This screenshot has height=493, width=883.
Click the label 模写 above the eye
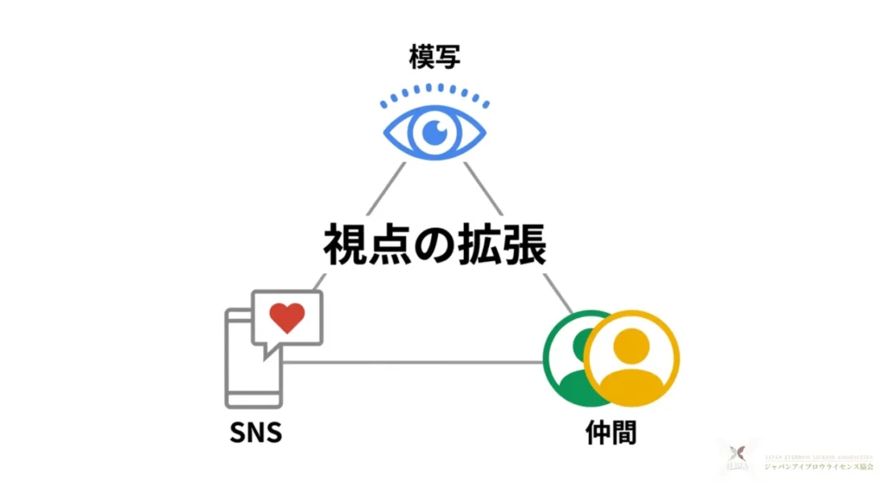pos(434,58)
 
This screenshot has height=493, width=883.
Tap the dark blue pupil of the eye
pos(434,133)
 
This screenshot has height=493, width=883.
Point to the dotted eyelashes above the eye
pos(435,92)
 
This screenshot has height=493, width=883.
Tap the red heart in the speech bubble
pos(286,318)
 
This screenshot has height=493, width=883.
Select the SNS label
pos(255,432)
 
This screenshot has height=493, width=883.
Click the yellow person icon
pos(632,358)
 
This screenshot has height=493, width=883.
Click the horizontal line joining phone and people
pos(414,362)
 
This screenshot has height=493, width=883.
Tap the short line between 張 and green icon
pos(558,293)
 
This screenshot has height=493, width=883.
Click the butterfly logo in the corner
pos(736,454)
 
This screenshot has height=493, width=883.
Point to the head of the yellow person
pos(632,345)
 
